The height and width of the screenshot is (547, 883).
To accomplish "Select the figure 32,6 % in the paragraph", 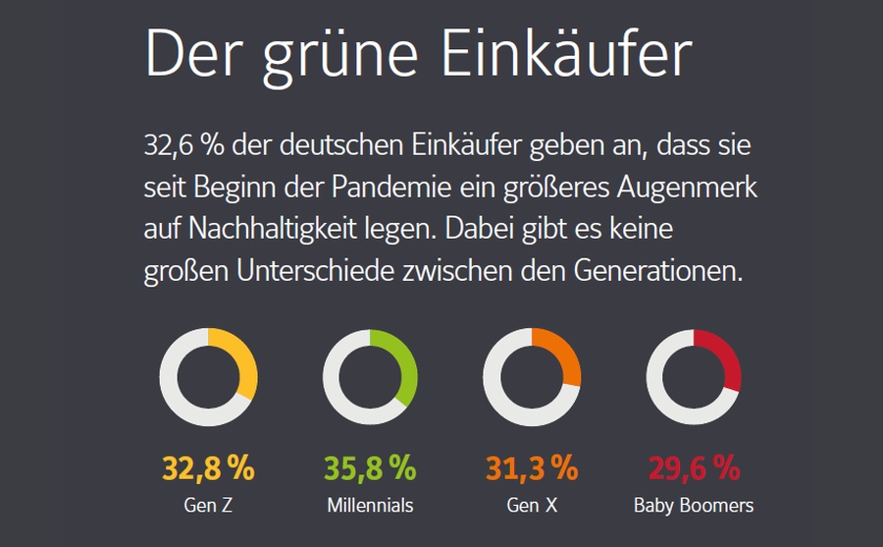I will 183,148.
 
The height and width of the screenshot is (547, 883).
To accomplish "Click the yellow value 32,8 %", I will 208,468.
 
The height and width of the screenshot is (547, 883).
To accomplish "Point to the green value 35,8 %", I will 370,468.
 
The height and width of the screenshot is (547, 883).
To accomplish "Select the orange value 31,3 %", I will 532,468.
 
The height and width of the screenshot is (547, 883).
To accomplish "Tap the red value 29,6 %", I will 694,468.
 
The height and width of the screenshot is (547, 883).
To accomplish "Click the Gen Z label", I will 208,506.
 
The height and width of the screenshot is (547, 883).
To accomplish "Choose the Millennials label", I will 370,506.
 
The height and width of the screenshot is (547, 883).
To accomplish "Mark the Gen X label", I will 532,506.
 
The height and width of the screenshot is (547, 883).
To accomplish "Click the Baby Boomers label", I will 694,506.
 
